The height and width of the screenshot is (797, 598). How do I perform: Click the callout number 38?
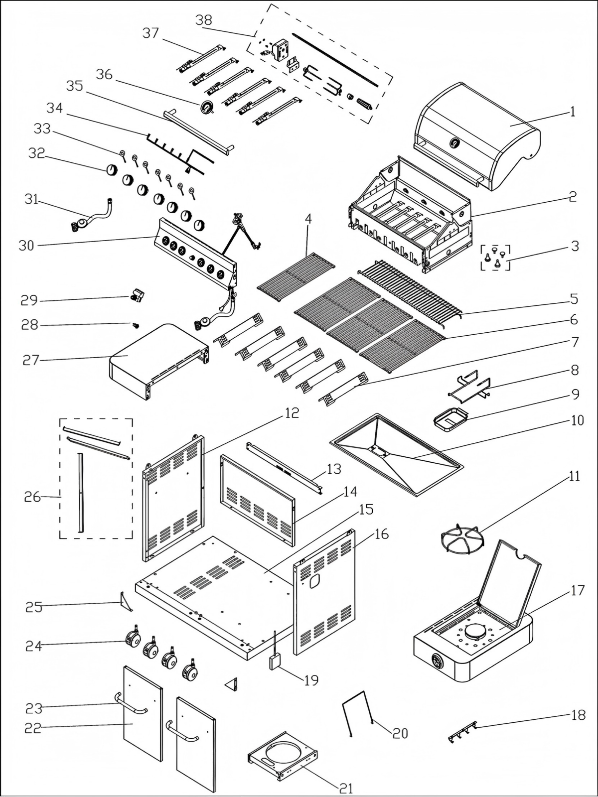[x=204, y=20]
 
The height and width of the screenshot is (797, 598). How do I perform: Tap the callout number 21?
[x=346, y=788]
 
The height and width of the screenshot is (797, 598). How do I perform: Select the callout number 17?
[x=577, y=591]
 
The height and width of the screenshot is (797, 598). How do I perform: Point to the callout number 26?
[x=33, y=497]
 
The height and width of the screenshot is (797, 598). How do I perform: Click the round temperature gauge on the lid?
[x=454, y=142]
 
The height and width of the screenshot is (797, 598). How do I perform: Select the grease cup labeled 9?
[x=450, y=417]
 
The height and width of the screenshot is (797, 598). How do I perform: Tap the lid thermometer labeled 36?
[x=206, y=108]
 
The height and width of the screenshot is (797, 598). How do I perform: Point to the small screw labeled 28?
[x=135, y=325]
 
